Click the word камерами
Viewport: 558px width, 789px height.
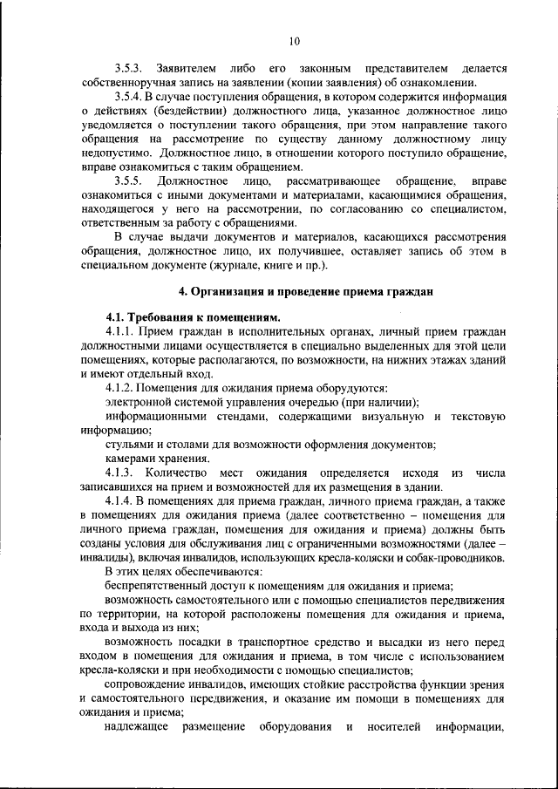[132, 458]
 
